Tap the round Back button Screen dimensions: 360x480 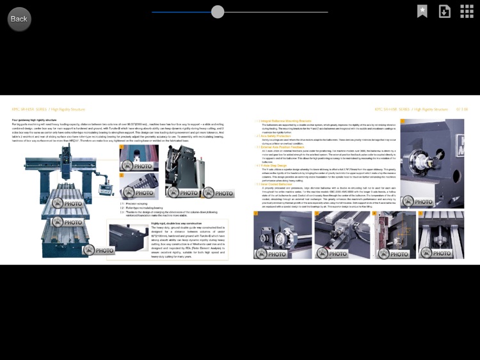[x=19, y=19]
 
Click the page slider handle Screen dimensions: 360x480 [x=218, y=12]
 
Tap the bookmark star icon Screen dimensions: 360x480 [x=422, y=12]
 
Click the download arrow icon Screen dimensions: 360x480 [x=444, y=12]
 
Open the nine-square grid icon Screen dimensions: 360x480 [x=467, y=12]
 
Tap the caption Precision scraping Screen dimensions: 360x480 [x=137, y=204]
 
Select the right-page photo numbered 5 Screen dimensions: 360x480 [x=441, y=235]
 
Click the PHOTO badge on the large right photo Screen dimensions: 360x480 [x=416, y=201]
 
